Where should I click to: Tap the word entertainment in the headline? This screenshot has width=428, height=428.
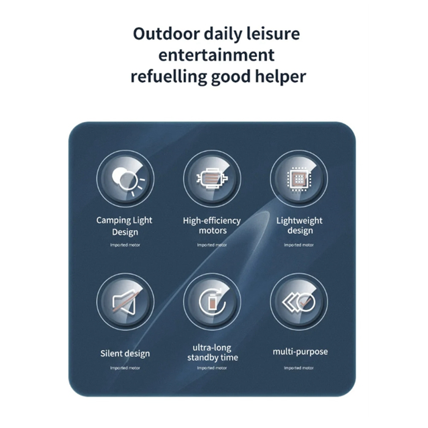tap(217, 55)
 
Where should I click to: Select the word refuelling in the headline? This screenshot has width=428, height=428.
tap(169, 77)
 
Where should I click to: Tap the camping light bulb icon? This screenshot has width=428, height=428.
tap(127, 180)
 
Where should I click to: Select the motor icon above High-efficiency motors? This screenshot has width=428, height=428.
tap(212, 179)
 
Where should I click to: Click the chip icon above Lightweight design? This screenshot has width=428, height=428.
tap(299, 179)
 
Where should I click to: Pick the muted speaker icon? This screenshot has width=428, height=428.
tap(125, 302)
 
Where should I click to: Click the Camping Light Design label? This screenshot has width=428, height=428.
tap(125, 226)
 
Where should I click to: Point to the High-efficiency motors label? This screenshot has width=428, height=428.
tap(212, 226)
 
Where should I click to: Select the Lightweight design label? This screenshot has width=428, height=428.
tap(300, 226)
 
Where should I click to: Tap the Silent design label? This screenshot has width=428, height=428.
tap(125, 354)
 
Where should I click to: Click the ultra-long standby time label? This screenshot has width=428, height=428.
tap(212, 352)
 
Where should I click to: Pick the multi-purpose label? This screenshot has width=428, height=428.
tap(300, 351)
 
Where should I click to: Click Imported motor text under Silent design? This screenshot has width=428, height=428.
tap(125, 368)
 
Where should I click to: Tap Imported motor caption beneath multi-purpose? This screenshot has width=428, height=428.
tap(299, 368)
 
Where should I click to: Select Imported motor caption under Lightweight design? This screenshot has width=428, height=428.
tap(299, 245)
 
